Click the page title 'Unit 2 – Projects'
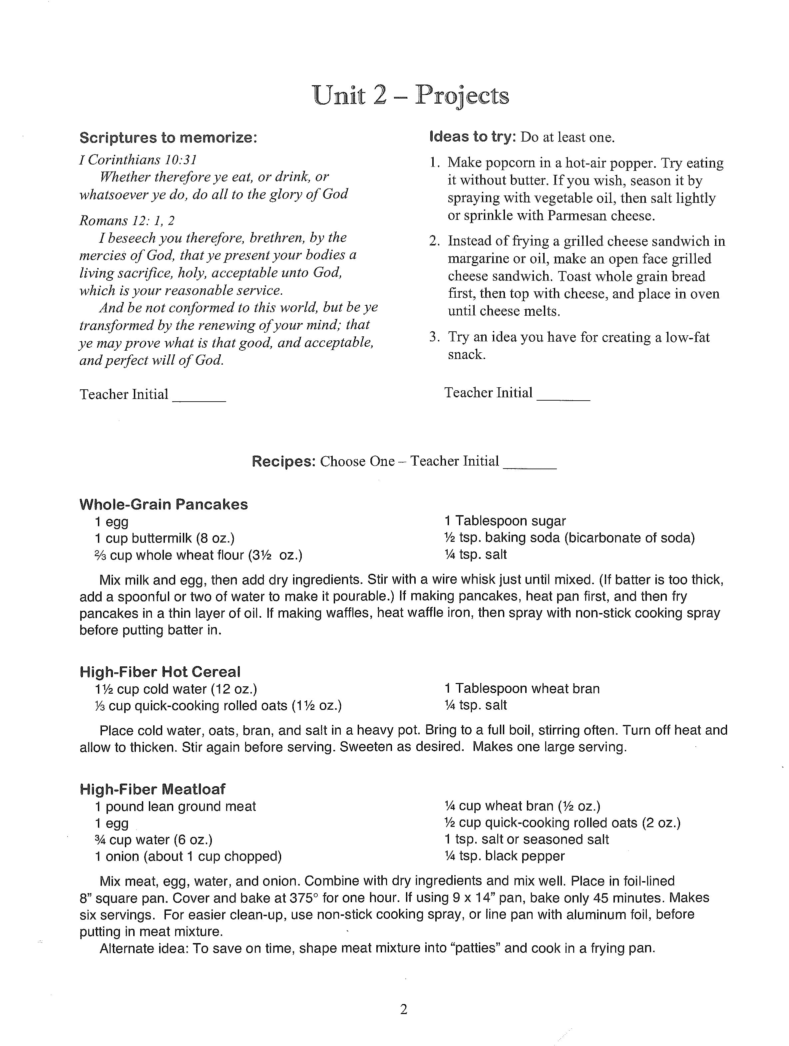click(411, 96)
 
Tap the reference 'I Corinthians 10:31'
click(138, 160)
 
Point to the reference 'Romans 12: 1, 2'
click(127, 220)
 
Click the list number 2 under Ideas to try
click(434, 241)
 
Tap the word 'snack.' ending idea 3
click(466, 354)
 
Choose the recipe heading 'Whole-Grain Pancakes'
click(163, 504)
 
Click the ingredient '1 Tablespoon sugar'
click(505, 521)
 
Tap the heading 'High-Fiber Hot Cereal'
click(160, 672)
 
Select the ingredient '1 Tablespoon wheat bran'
click(522, 688)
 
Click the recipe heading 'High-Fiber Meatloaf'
click(152, 789)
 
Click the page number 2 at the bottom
click(403, 1010)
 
